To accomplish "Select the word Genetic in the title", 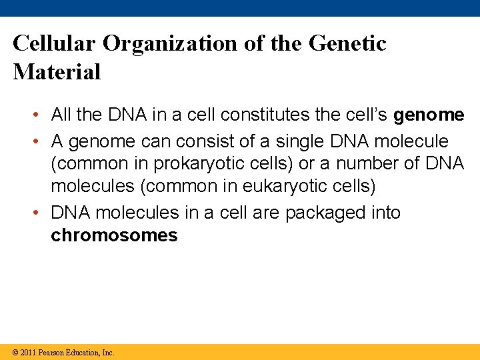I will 347,43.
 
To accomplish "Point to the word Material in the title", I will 57,72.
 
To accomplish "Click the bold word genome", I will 429,115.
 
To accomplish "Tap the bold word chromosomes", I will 114,235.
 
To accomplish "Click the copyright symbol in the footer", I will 15,353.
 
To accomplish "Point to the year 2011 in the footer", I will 28,353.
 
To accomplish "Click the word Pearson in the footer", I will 51,353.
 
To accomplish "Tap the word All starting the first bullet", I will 61,115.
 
